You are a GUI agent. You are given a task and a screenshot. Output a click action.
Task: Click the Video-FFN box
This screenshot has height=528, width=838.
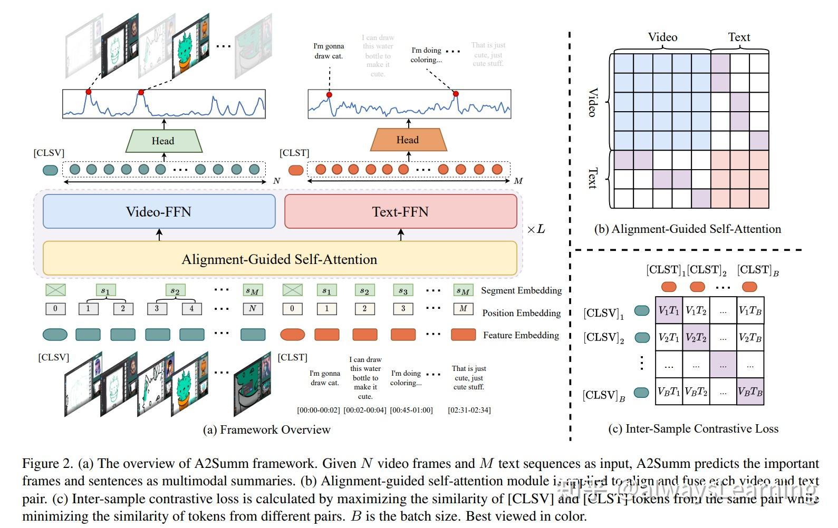pyautogui.click(x=159, y=211)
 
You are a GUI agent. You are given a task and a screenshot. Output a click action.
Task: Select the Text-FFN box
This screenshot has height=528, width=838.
pyautogui.click(x=400, y=211)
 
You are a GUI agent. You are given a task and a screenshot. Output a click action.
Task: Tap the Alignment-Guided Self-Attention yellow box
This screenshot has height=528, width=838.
pyautogui.click(x=280, y=259)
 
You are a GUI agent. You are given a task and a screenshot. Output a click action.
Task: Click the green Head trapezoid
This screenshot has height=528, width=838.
pyautogui.click(x=163, y=141)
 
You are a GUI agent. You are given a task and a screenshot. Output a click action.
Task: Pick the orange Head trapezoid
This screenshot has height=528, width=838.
pyautogui.click(x=408, y=140)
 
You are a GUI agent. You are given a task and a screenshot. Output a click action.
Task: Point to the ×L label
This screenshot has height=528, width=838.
pyautogui.click(x=536, y=229)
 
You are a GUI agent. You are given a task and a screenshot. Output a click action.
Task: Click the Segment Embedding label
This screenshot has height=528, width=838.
pyautogui.click(x=521, y=290)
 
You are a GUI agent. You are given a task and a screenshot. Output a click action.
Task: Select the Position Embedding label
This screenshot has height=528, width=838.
pyautogui.click(x=521, y=313)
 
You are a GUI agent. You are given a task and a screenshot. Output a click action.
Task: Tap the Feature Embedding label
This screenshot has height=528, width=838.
pyautogui.click(x=521, y=335)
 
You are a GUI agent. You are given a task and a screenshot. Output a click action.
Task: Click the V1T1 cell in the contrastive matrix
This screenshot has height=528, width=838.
pyautogui.click(x=669, y=311)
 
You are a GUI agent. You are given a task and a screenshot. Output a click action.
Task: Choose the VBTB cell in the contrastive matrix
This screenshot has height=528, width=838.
pyautogui.click(x=750, y=392)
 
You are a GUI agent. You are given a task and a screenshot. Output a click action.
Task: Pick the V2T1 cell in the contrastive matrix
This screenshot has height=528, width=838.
pyautogui.click(x=669, y=338)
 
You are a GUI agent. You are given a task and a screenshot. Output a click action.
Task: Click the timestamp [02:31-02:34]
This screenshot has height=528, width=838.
pyautogui.click(x=469, y=410)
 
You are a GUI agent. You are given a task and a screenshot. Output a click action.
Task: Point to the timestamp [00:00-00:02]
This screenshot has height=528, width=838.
pyautogui.click(x=319, y=410)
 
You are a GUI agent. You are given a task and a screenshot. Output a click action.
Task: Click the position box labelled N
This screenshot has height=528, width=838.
pyautogui.click(x=253, y=309)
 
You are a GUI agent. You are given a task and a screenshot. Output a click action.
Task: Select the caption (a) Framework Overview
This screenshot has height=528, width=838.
pyautogui.click(x=266, y=429)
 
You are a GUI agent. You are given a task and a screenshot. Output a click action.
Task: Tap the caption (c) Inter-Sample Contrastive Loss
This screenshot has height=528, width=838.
pyautogui.click(x=693, y=428)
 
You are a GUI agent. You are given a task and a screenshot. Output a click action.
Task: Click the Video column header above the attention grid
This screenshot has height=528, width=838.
pyautogui.click(x=662, y=37)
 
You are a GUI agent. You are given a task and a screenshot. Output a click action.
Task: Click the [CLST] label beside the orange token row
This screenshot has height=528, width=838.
pyautogui.click(x=294, y=153)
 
